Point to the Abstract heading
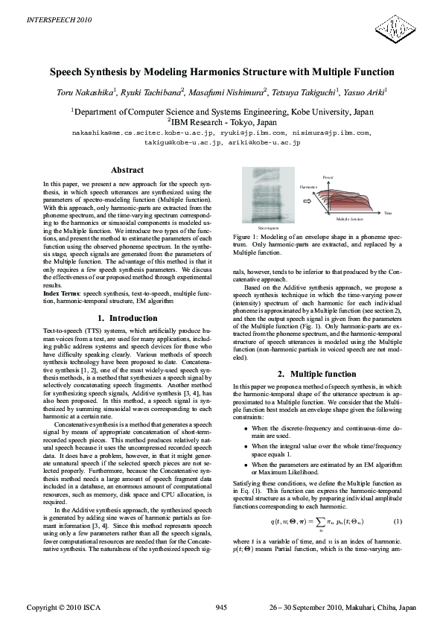(127, 171)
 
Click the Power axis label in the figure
(328, 177)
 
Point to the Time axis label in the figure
(388, 214)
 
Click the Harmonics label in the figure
(307, 185)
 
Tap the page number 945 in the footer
(221, 608)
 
